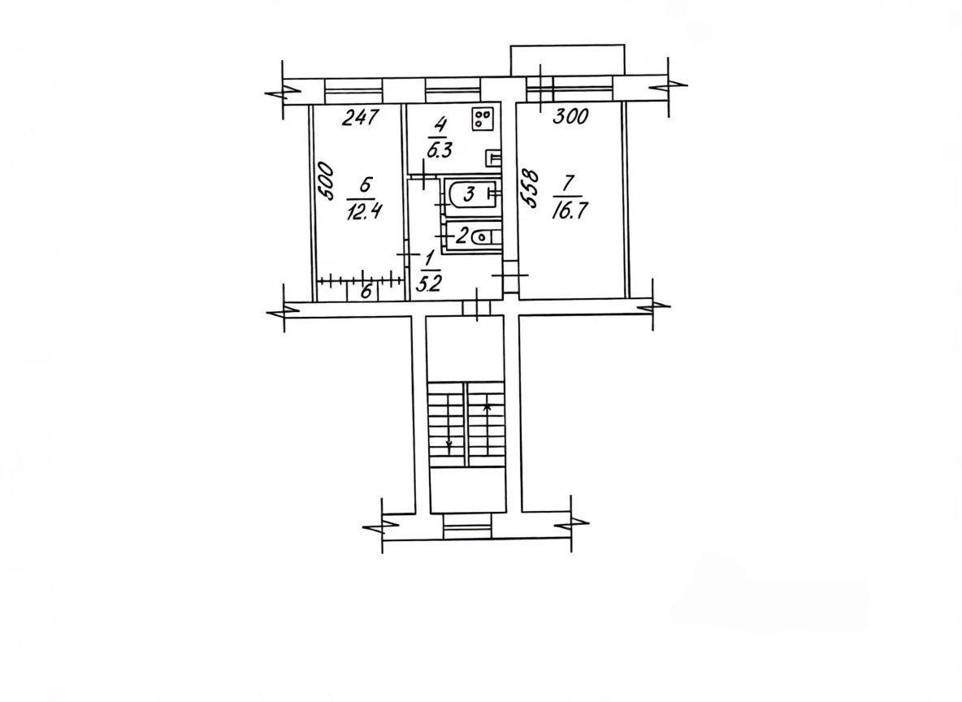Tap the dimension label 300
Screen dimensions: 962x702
click(x=570, y=116)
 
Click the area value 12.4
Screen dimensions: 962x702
click(x=365, y=212)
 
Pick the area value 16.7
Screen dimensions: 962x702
click(x=570, y=211)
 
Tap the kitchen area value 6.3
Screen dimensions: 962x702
click(x=440, y=150)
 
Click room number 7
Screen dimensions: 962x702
click(x=567, y=182)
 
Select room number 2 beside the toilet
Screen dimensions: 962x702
click(x=462, y=235)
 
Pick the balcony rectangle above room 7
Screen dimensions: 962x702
click(x=568, y=61)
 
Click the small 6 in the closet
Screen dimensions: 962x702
click(x=366, y=292)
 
